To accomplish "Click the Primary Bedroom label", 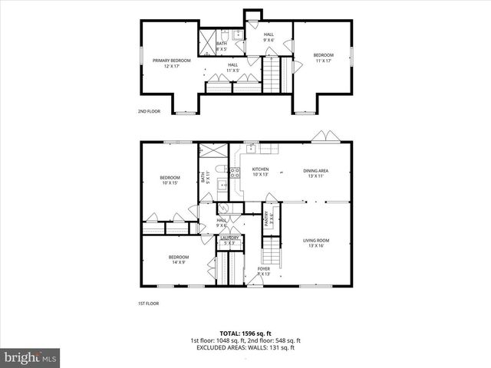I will click(170, 63).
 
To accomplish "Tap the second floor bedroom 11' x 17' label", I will click(323, 58).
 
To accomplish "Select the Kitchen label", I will click(260, 171).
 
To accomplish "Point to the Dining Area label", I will click(316, 173).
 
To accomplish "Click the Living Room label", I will click(315, 243).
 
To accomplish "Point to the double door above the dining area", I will click(323, 136).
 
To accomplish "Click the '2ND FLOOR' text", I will click(148, 111).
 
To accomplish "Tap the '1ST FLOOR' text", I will click(148, 304).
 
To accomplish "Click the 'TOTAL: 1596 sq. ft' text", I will click(245, 333).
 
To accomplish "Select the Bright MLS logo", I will click(31, 357).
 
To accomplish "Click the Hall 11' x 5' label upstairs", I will click(232, 67).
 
